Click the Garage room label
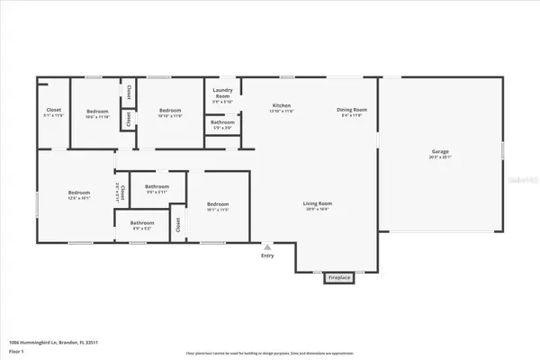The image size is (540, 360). click(439, 151)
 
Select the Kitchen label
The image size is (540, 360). click(282, 105)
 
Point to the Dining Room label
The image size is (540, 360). click(350, 105)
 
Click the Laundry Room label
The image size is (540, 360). click(222, 94)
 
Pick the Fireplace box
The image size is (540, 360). click(338, 277)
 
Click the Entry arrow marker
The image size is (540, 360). click(266, 246)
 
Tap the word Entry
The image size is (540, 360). click(266, 256)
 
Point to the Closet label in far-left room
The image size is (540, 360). click(53, 111)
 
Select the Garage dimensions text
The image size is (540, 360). click(439, 157)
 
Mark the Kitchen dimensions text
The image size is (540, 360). click(282, 111)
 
